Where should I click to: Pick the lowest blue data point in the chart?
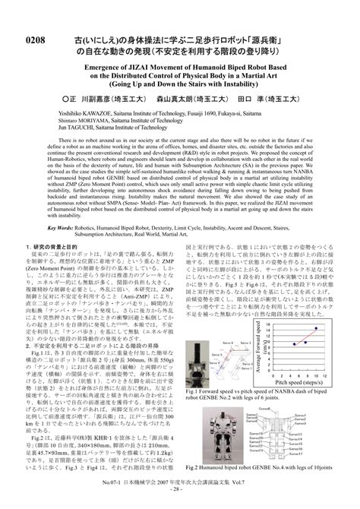click(295, 343)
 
